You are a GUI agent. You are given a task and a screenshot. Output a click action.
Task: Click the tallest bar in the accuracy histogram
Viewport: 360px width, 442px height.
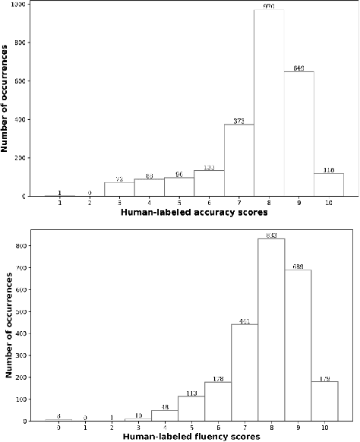269,103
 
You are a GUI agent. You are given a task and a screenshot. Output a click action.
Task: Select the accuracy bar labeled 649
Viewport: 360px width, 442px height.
298,134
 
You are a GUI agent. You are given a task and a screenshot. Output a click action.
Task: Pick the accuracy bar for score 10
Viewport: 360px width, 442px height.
328,185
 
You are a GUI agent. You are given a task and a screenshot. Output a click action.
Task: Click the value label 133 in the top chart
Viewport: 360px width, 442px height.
209,167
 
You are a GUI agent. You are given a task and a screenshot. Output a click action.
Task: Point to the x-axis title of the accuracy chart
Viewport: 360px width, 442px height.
194,213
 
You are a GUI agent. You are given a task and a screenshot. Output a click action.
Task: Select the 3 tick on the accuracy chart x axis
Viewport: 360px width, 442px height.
119,203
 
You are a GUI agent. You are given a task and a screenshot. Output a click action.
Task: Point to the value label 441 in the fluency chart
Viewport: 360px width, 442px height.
245,320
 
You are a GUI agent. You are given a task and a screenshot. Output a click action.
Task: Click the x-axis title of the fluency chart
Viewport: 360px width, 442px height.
195,437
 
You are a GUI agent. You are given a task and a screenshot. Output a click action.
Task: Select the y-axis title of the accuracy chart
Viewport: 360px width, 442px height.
7,100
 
